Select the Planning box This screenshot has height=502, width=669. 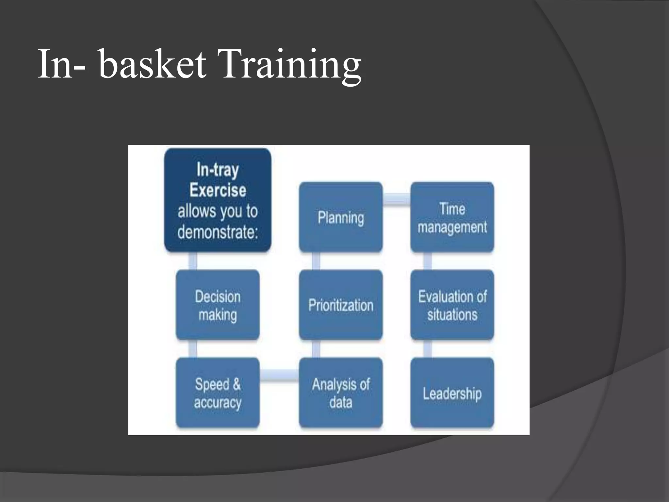[341, 217]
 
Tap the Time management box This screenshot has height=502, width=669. [452, 217]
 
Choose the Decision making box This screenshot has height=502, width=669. [218, 305]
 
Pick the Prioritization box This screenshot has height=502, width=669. [341, 305]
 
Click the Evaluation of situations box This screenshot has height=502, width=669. [452, 305]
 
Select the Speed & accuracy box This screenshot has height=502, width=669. [218, 393]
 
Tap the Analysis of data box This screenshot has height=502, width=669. [341, 393]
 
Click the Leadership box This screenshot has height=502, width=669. [452, 393]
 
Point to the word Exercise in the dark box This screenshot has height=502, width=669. [218, 190]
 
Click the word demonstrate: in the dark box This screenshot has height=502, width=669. [218, 232]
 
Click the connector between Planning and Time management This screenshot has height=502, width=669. [396, 199]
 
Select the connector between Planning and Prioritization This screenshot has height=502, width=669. [316, 261]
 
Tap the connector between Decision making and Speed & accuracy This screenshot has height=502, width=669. [193, 349]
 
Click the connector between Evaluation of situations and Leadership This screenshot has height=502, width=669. [427, 349]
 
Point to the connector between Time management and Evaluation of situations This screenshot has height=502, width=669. [427, 261]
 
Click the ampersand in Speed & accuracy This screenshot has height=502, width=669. [237, 384]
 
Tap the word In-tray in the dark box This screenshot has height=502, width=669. [218, 170]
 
